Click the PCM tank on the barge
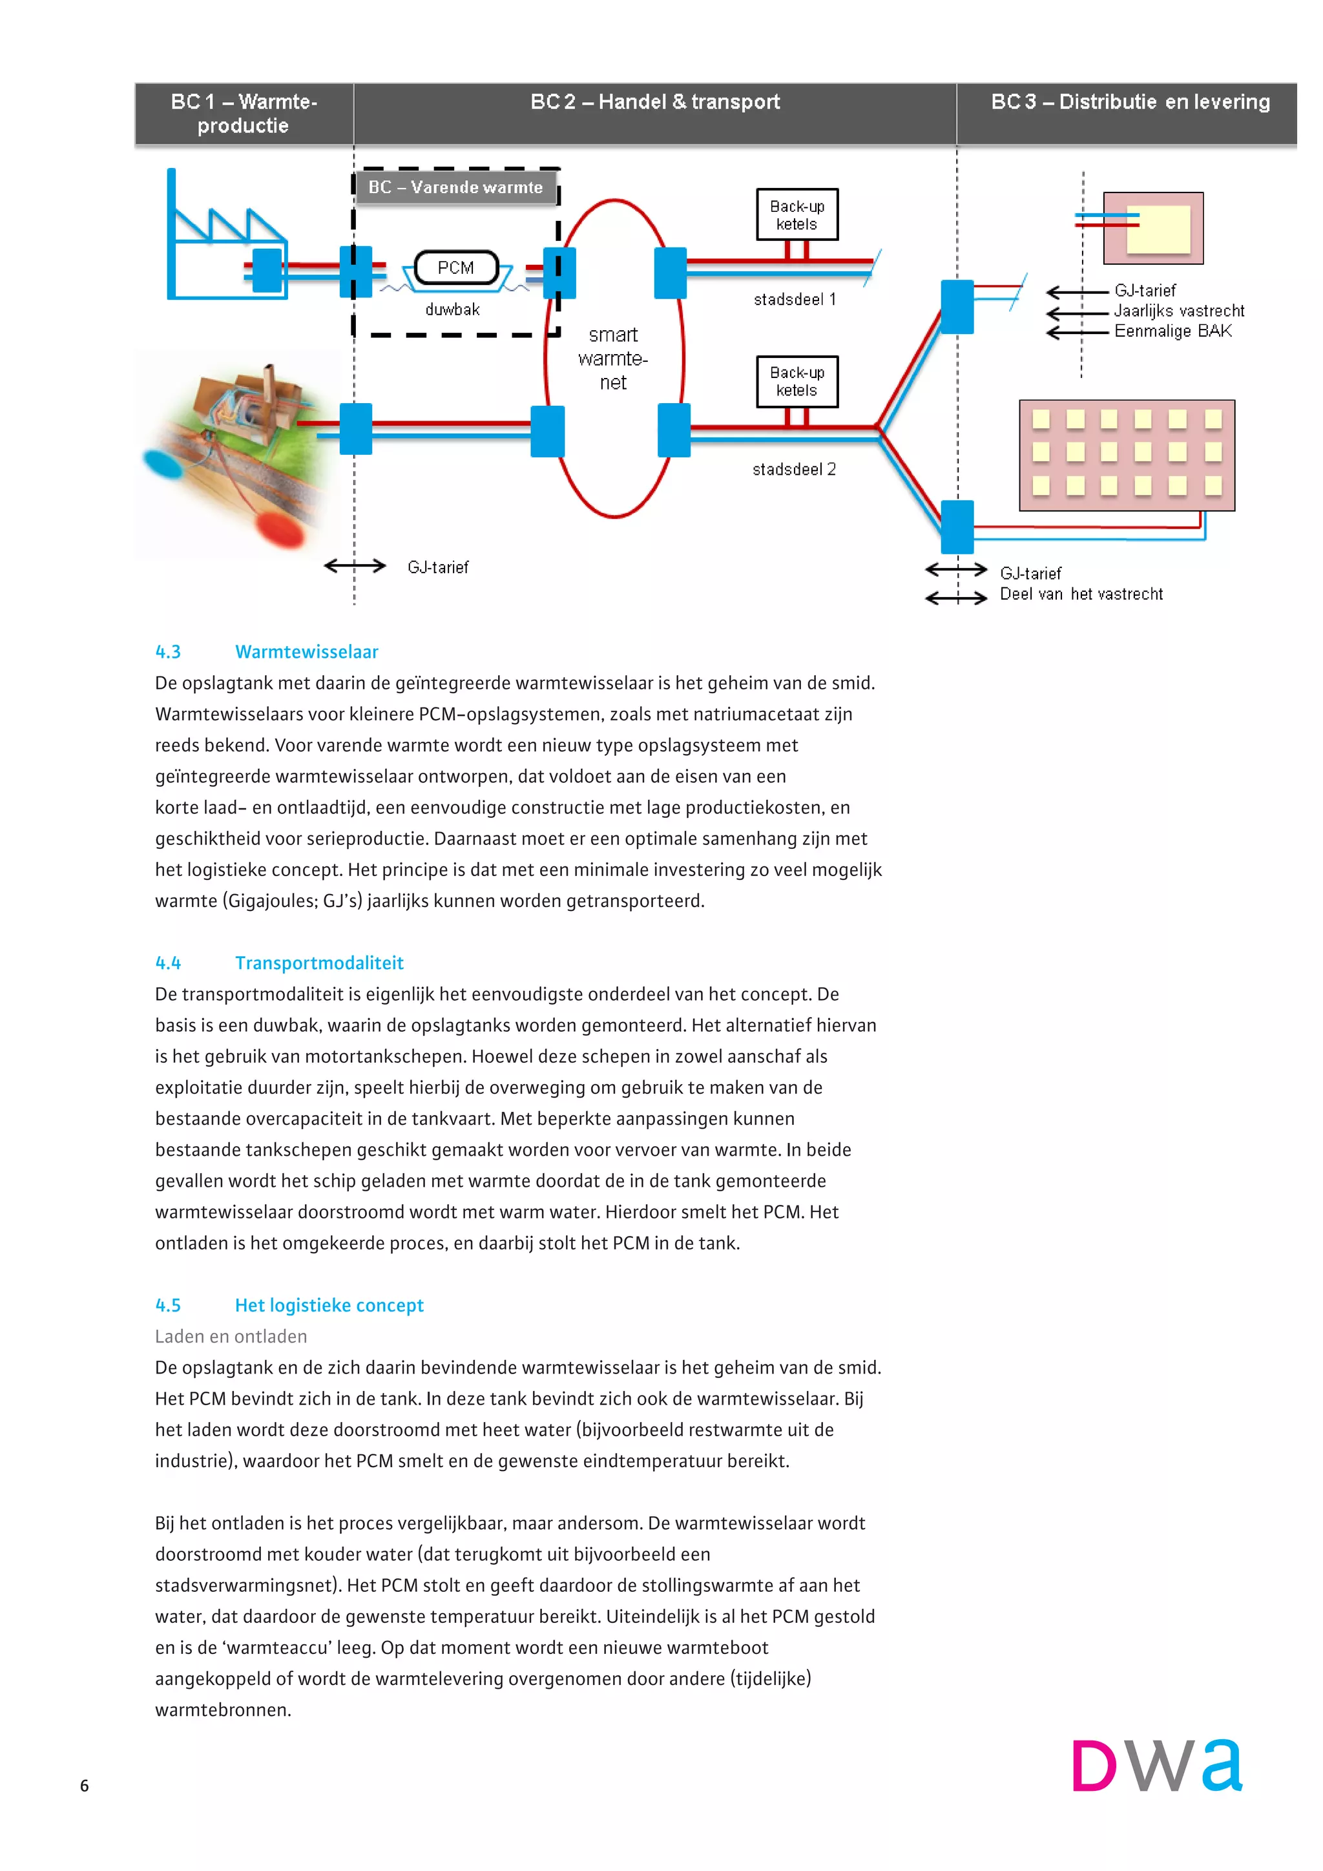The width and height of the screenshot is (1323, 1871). point(455,267)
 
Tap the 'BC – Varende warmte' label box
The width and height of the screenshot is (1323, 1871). point(455,187)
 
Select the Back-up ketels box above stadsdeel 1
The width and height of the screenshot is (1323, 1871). point(797,215)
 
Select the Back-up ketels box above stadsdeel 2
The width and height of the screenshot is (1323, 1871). point(797,381)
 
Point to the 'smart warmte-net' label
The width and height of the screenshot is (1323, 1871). point(614,359)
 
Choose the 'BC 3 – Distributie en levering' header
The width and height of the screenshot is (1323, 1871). point(1130,102)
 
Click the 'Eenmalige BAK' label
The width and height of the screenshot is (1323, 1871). point(1172,331)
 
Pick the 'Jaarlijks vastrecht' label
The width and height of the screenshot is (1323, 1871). point(1179,311)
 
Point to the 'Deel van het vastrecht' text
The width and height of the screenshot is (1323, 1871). point(1081,594)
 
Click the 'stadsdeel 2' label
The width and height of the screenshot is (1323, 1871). point(793,470)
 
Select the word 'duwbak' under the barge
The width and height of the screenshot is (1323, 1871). point(452,309)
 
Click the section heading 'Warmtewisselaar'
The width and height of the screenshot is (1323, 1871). point(306,652)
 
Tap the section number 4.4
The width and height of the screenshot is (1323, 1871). point(168,963)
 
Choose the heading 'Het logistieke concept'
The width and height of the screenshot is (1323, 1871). point(329,1306)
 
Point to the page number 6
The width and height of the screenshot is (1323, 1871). point(84,1786)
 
